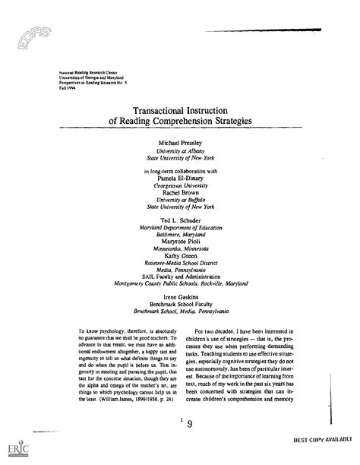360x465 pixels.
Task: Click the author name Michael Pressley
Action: (180, 142)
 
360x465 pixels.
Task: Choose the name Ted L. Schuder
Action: (180, 219)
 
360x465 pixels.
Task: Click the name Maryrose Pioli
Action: (180, 241)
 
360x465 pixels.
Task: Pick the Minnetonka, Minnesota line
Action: (180, 248)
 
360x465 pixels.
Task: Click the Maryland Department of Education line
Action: (180, 226)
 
